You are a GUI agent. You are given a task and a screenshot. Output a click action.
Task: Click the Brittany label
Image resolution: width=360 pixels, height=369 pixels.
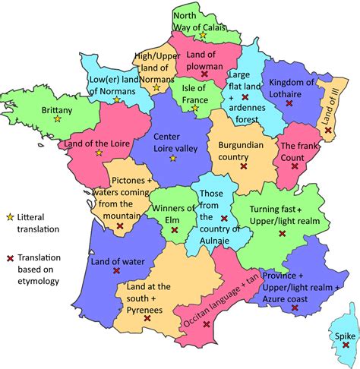(56, 109)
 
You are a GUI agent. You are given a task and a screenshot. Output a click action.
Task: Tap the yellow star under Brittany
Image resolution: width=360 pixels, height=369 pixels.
(57, 121)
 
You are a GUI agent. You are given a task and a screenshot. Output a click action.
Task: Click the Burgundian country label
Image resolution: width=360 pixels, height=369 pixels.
(242, 148)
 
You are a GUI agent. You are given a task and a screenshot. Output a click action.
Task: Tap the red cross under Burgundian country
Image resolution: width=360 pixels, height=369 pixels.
(242, 166)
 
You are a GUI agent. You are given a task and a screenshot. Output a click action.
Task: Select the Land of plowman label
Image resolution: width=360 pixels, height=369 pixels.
(203, 60)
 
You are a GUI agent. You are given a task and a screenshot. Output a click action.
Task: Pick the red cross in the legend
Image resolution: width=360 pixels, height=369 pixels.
(8, 257)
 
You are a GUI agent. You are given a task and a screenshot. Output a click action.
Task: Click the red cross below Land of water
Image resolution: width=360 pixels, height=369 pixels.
(116, 271)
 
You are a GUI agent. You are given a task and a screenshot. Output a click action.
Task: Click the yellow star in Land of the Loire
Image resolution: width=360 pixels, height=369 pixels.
(98, 152)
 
